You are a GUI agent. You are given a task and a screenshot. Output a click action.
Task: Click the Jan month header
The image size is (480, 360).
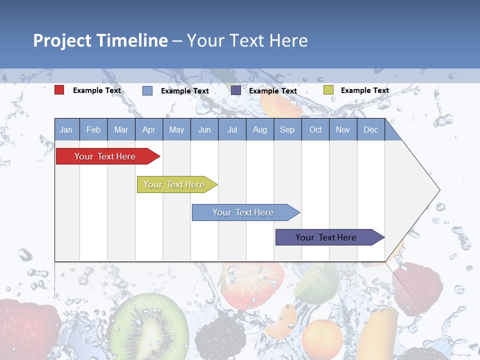(66, 129)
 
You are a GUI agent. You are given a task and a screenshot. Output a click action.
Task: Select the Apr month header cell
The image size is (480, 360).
(149, 129)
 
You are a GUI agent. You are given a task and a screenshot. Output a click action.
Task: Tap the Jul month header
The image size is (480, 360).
(232, 129)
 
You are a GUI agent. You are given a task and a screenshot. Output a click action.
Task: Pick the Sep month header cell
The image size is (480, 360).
(287, 129)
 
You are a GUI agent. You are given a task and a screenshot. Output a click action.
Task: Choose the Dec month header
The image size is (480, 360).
(370, 129)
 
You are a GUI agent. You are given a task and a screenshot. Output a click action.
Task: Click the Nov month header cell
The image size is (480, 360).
(343, 129)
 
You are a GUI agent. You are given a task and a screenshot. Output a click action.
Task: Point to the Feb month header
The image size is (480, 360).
(93, 129)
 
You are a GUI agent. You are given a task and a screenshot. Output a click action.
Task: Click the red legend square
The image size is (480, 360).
(59, 90)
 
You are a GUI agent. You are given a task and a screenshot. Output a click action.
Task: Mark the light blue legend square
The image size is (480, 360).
(147, 90)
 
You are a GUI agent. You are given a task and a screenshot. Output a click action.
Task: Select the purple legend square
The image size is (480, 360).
(235, 90)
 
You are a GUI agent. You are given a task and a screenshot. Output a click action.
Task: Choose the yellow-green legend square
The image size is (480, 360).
(328, 90)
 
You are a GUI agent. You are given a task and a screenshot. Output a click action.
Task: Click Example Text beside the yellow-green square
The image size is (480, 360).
(364, 90)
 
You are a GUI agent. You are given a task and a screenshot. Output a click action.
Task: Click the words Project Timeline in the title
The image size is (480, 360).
(100, 40)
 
